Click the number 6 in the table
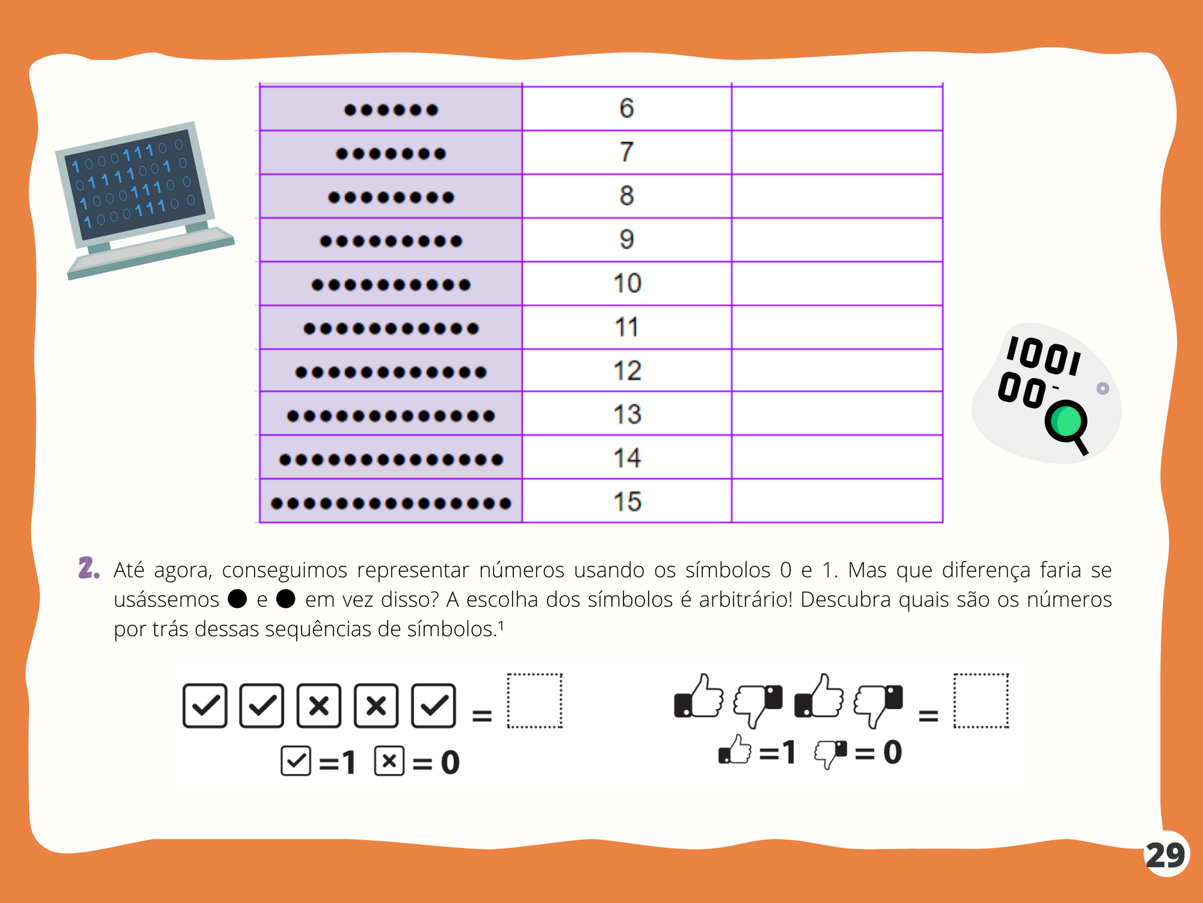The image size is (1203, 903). click(626, 108)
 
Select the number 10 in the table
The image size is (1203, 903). click(627, 284)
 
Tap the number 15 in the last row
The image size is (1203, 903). click(627, 502)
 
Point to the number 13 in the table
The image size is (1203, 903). click(627, 414)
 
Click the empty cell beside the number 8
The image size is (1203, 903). click(837, 196)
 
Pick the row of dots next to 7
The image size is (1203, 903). click(391, 154)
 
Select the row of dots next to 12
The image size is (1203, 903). click(391, 372)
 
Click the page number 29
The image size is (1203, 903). click(1166, 855)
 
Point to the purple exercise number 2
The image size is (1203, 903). click(88, 568)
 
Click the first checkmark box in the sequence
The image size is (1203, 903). click(205, 706)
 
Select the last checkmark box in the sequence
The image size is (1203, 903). click(433, 706)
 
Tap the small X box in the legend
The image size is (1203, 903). click(389, 761)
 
